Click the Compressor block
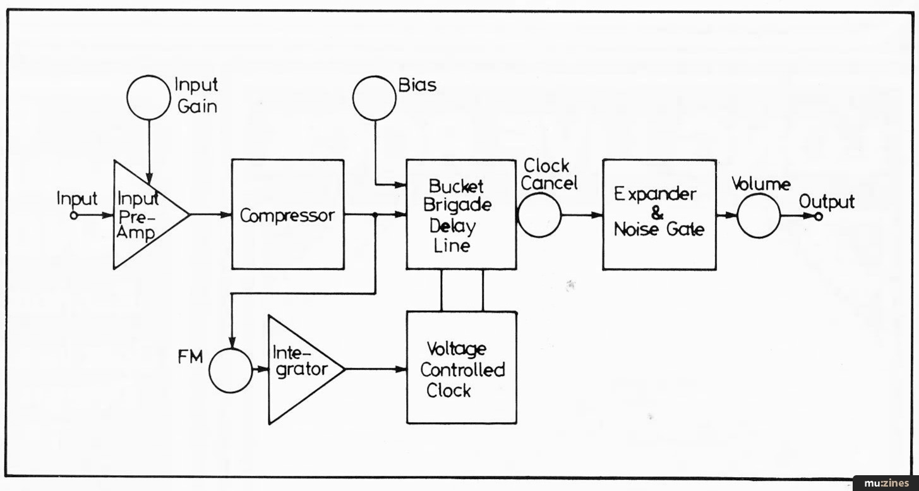point(288,214)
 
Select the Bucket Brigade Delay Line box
point(461,214)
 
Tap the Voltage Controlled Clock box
point(461,367)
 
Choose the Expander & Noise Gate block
point(659,214)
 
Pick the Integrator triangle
point(300,369)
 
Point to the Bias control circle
point(375,99)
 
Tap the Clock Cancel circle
point(539,215)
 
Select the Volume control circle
point(759,215)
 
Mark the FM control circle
point(231,370)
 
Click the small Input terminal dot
point(74,215)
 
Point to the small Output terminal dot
point(819,216)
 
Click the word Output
point(826,202)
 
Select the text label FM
point(189,357)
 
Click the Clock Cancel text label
point(550,174)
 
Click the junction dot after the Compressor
point(376,215)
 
